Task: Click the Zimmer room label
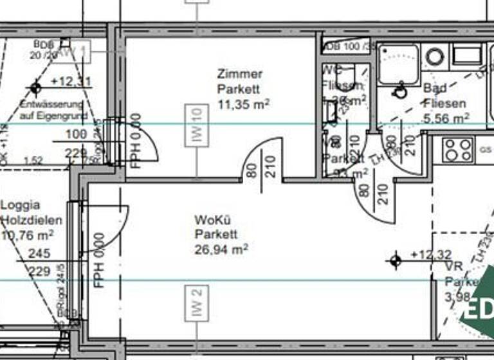pyautogui.click(x=239, y=74)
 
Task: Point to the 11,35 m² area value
pyautogui.click(x=242, y=104)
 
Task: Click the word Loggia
pyautogui.click(x=20, y=205)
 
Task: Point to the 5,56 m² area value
pyautogui.click(x=446, y=118)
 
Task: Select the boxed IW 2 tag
pyautogui.click(x=196, y=303)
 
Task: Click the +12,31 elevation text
pyautogui.click(x=71, y=82)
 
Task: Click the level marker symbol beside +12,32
pyautogui.click(x=395, y=260)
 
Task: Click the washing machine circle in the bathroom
pyautogui.click(x=435, y=57)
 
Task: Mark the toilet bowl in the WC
pyautogui.click(x=347, y=74)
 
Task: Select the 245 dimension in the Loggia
pyautogui.click(x=39, y=254)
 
